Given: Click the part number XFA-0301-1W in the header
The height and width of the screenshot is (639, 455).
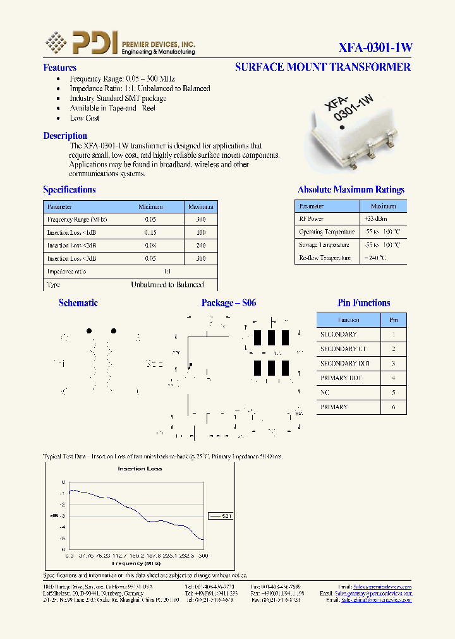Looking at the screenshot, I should tap(375, 47).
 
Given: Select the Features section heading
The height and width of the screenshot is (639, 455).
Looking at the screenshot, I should tap(59, 68).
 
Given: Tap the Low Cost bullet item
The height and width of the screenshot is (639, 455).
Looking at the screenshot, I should tap(85, 118).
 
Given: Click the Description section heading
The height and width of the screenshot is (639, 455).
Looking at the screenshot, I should tap(65, 136).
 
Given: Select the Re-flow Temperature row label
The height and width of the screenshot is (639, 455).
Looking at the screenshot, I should tap(325, 258).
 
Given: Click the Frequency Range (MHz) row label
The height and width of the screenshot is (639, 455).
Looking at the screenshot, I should tap(77, 219).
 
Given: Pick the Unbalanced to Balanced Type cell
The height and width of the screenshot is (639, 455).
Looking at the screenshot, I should tap(167, 285).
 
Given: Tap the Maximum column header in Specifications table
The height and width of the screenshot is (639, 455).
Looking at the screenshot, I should tap(201, 206).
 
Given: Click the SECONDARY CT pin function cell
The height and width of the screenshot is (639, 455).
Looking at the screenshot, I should tap(343, 349).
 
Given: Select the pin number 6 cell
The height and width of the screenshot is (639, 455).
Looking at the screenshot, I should tap(394, 407).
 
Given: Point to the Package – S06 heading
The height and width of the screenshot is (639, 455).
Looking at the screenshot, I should tap(229, 303).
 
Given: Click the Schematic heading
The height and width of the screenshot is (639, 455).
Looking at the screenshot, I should tap(78, 303).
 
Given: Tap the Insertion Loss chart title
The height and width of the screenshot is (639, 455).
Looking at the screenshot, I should tap(140, 469).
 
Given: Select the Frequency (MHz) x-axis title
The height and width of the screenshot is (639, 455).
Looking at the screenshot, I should tap(136, 563).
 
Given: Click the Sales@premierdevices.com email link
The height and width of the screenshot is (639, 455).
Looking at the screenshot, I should tap(382, 587).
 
